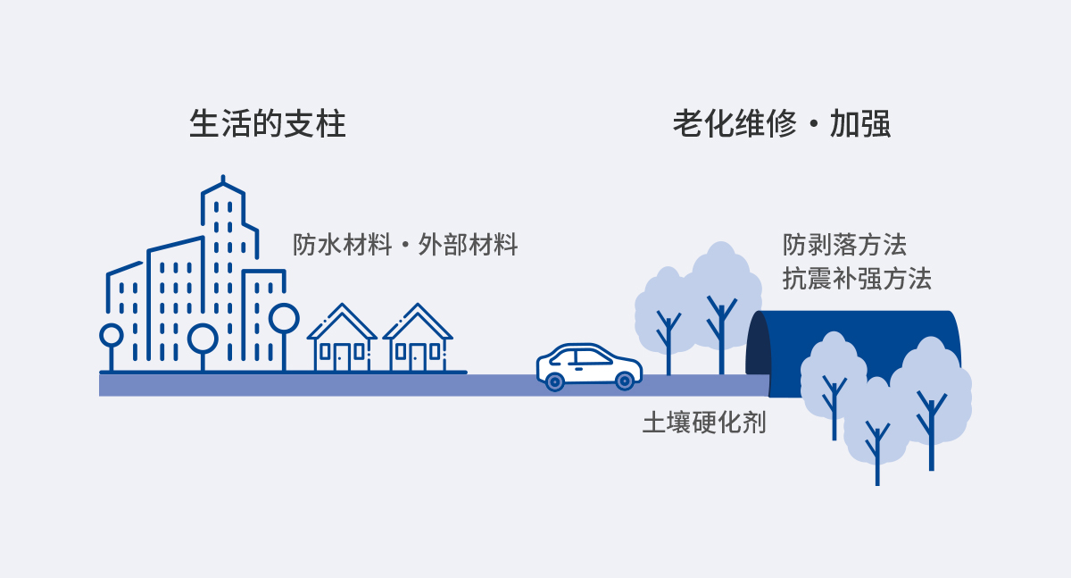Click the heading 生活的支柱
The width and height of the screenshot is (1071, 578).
tap(267, 124)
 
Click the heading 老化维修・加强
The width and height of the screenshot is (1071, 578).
tap(782, 124)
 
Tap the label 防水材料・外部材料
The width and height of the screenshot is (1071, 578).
tap(405, 245)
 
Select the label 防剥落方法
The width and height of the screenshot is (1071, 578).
tap(844, 245)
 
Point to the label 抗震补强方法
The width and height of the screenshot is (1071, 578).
tap(857, 279)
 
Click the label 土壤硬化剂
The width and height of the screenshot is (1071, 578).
tap(704, 422)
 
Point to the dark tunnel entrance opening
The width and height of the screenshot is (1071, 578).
tap(758, 345)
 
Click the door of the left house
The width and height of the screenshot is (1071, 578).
tap(342, 358)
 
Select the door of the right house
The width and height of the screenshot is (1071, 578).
tap(418, 358)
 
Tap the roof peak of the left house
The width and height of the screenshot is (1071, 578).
tap(343, 305)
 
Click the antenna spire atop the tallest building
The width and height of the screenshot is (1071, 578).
tap(223, 179)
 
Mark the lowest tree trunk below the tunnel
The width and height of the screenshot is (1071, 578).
tap(877, 454)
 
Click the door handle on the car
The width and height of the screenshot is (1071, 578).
tap(578, 369)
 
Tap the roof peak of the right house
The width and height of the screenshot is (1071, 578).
tap(418, 305)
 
